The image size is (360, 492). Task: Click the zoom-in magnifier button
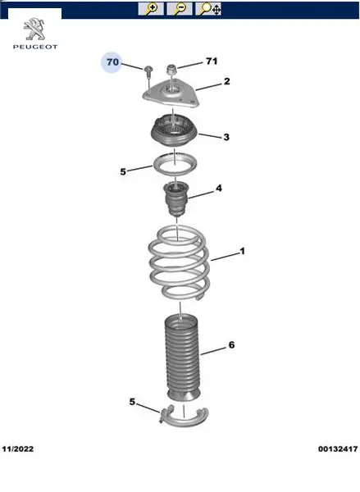(151, 9)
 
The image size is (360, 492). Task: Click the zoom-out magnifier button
(180, 9)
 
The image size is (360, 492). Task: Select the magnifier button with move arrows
(208, 9)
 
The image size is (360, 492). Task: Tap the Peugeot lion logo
(34, 30)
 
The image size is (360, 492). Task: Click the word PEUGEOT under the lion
(35, 47)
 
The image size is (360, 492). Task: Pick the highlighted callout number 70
(112, 61)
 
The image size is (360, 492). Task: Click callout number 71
(212, 61)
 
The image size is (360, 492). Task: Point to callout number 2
(226, 81)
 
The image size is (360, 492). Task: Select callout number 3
(226, 137)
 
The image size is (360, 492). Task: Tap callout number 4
(219, 188)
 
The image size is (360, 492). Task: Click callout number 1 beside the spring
(242, 251)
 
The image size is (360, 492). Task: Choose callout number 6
(231, 345)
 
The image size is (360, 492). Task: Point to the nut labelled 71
(171, 70)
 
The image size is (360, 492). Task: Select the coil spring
(180, 262)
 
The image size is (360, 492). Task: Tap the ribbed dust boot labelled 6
(182, 358)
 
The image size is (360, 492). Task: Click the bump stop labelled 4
(175, 198)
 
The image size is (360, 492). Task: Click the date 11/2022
(18, 449)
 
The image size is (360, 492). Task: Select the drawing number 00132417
(338, 449)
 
